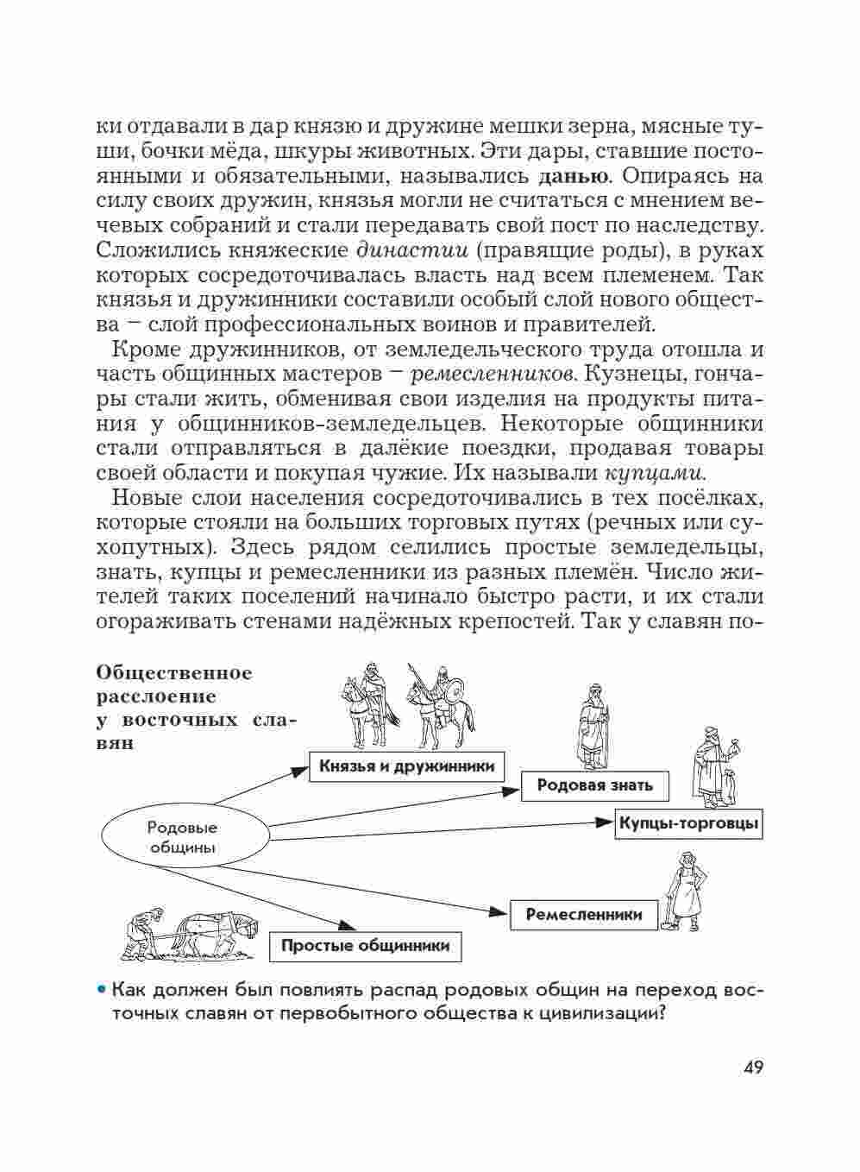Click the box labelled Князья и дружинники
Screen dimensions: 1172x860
pos(406,766)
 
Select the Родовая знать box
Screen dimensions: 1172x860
pos(595,785)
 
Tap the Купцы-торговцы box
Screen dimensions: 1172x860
pos(689,823)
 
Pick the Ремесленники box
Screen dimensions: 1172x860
pos(584,915)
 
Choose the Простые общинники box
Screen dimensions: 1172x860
pos(365,945)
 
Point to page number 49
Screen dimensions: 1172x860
pos(752,1068)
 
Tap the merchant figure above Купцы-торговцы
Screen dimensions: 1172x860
pos(710,764)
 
